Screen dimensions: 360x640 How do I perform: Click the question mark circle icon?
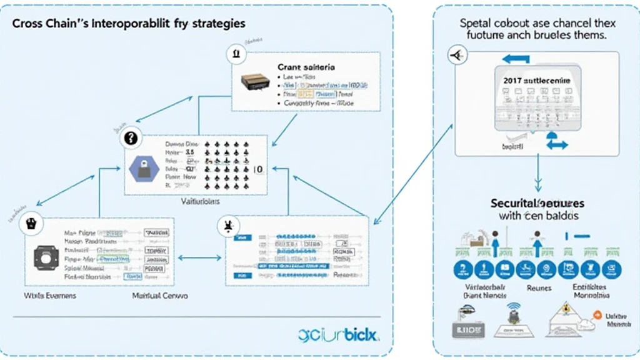pyautogui.click(x=130, y=139)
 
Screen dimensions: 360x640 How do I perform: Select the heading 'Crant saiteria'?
pyautogui.click(x=306, y=66)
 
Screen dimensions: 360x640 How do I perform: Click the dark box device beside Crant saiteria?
pyautogui.click(x=256, y=82)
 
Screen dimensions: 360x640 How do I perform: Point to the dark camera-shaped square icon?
pyautogui.click(x=46, y=256)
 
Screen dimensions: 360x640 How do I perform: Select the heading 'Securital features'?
pyautogui.click(x=537, y=203)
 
